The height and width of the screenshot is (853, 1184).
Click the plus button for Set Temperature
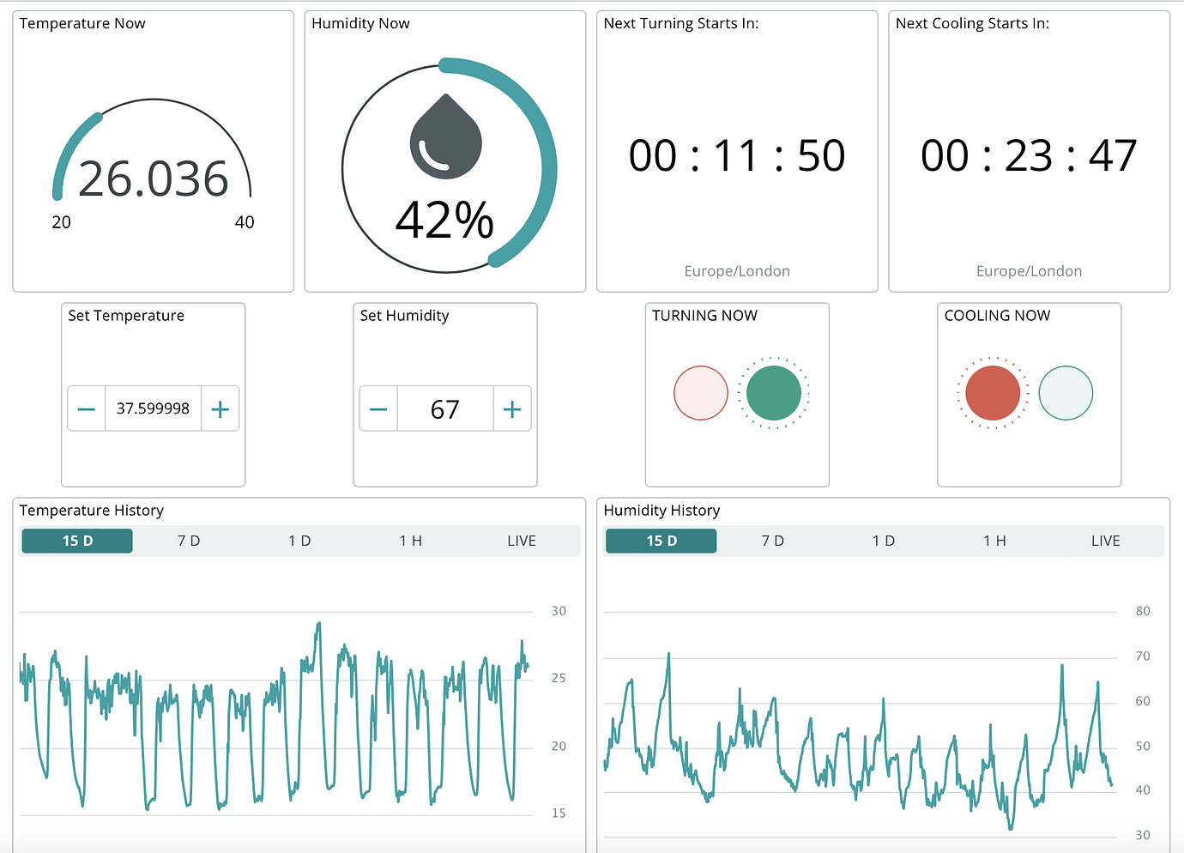click(220, 408)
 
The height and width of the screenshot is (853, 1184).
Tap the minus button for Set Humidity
click(378, 408)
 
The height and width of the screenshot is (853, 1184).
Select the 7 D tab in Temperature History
click(189, 541)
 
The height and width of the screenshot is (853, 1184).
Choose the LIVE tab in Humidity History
click(1105, 541)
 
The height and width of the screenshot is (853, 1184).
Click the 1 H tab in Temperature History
click(410, 541)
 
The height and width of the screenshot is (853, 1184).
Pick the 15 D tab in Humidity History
click(661, 541)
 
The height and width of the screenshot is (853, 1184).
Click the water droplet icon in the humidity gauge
click(445, 137)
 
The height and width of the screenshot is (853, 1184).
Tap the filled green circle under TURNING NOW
click(773, 393)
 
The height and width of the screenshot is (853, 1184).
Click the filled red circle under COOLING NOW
click(993, 393)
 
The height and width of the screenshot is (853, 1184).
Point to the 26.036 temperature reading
click(154, 179)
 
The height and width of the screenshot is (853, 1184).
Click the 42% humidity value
click(444, 220)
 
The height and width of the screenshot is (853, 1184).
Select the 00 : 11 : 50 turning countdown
click(737, 156)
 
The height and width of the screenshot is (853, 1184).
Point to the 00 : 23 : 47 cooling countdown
click(1029, 156)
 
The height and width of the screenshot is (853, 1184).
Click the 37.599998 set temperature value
click(153, 408)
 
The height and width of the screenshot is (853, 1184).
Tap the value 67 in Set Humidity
click(444, 409)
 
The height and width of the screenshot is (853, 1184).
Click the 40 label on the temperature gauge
click(245, 222)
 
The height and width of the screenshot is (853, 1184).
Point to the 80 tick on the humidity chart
click(1143, 611)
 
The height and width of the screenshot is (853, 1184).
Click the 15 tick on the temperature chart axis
click(559, 813)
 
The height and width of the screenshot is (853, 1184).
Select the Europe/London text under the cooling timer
click(1029, 271)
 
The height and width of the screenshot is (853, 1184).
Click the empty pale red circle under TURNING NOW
click(701, 393)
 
